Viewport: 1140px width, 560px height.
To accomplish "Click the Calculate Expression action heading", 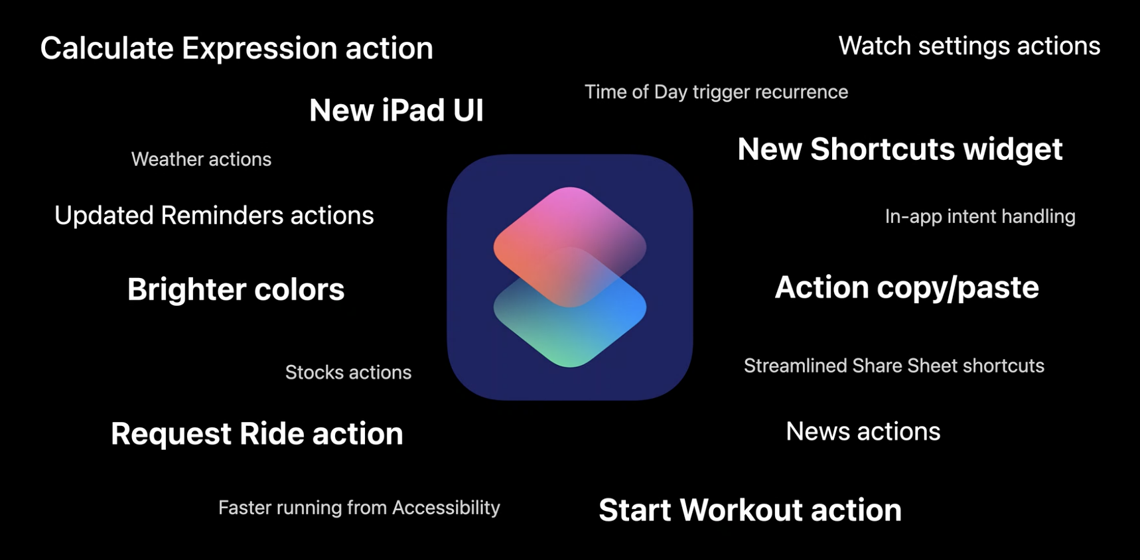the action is click(x=237, y=48).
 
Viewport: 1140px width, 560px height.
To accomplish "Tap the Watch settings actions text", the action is click(x=969, y=46).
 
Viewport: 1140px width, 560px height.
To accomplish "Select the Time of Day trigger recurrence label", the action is click(x=716, y=92).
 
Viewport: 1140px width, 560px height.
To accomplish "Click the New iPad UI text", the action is click(x=396, y=110).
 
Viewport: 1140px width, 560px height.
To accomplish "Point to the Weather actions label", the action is click(x=201, y=159).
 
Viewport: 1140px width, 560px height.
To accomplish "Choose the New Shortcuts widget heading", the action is click(x=900, y=149).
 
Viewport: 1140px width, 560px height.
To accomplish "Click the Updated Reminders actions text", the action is click(x=214, y=216).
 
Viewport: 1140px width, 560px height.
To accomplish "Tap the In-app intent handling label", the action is click(x=980, y=216).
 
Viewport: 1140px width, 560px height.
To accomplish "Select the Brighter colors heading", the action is click(x=236, y=289).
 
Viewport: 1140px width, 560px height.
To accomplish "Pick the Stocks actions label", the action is click(x=348, y=372).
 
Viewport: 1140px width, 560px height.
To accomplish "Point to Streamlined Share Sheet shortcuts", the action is click(x=894, y=366).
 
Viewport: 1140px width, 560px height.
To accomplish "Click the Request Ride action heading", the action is click(x=257, y=434).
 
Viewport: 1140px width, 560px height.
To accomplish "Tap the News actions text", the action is click(x=863, y=431).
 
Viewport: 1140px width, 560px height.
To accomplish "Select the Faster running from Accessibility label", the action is click(x=359, y=508).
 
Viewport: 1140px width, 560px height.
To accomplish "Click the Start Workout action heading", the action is click(x=750, y=510).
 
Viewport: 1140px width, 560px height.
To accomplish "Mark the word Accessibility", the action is click(x=446, y=508).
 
